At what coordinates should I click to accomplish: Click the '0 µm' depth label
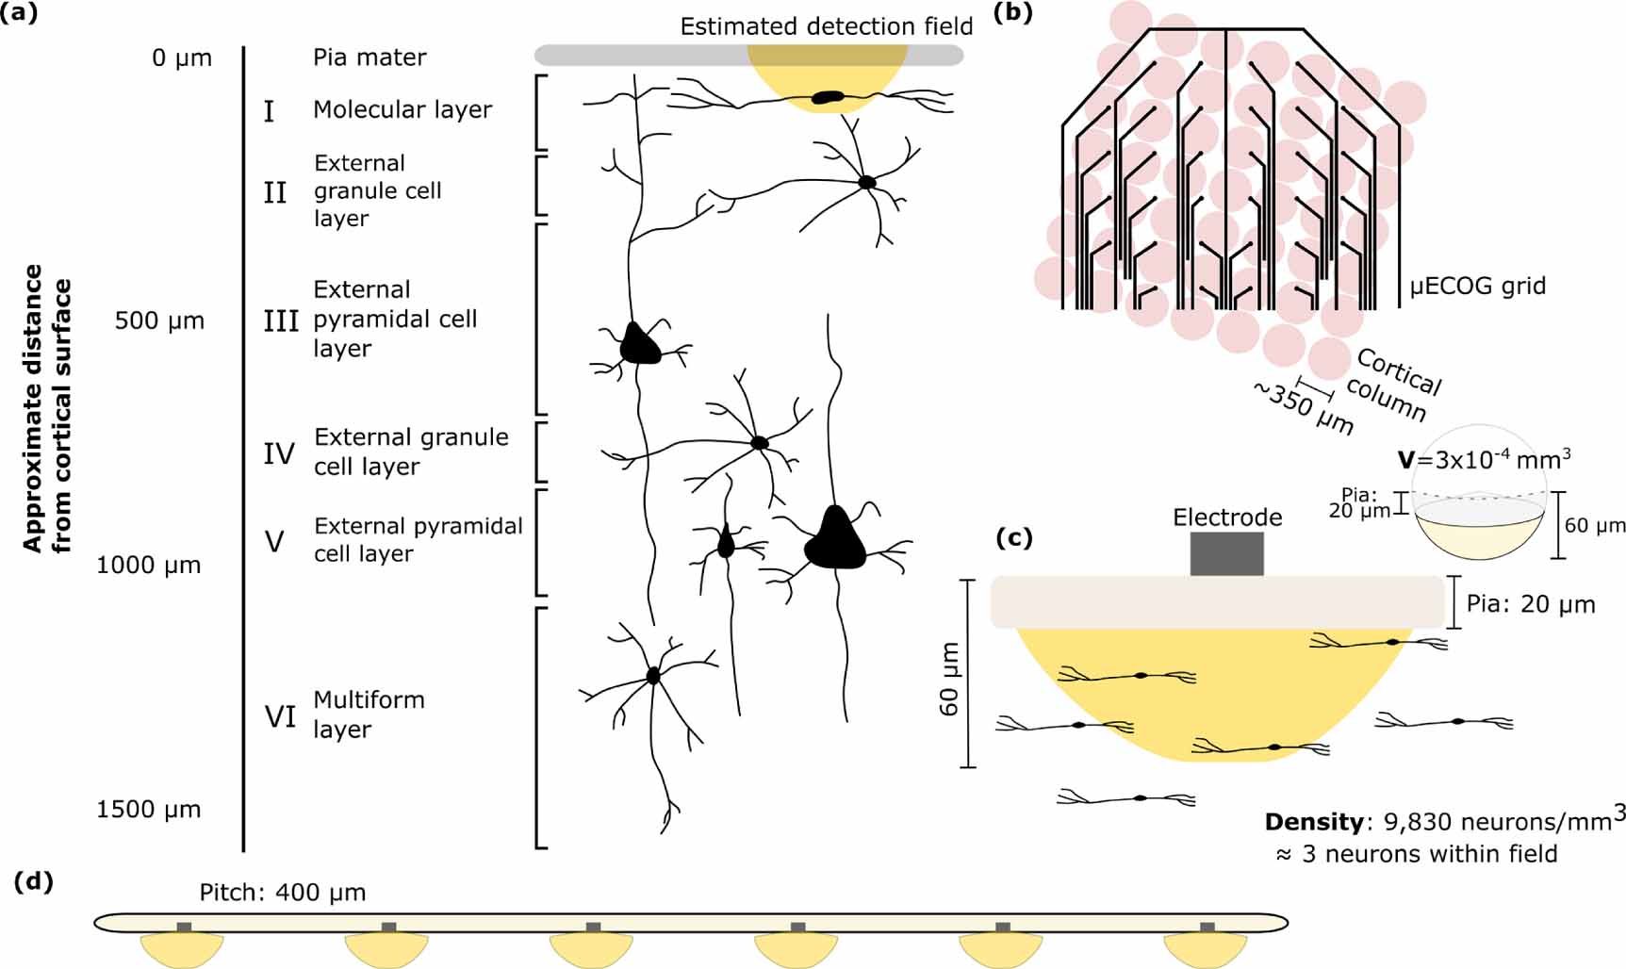[x=182, y=58]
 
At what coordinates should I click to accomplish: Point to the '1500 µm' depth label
[x=149, y=810]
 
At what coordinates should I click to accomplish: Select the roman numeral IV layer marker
[x=279, y=454]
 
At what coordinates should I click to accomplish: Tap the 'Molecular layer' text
[x=402, y=110]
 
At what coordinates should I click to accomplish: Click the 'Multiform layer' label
[x=369, y=714]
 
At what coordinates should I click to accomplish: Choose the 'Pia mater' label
[x=370, y=58]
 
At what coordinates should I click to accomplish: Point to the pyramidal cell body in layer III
[x=640, y=345]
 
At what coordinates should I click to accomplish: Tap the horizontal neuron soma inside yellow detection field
[x=829, y=96]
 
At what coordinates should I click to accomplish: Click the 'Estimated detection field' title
[x=826, y=26]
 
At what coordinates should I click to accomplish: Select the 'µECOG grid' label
[x=1477, y=287]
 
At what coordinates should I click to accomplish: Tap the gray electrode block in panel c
[x=1226, y=553]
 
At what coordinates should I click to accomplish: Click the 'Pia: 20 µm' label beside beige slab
[x=1531, y=604]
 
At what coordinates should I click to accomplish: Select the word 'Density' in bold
[x=1313, y=822]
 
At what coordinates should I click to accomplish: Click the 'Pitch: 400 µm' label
[x=283, y=893]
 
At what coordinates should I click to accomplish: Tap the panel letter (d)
[x=34, y=882]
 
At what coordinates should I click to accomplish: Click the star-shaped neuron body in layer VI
[x=653, y=675]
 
